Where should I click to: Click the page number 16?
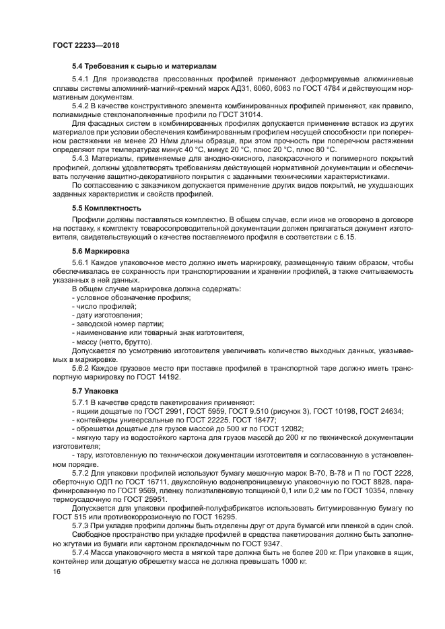[x=57, y=571]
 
